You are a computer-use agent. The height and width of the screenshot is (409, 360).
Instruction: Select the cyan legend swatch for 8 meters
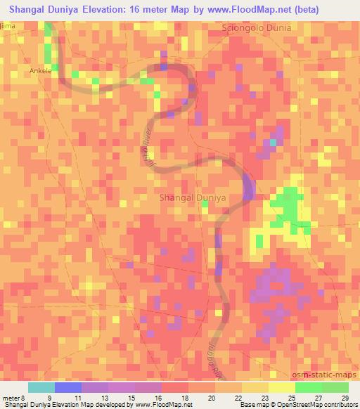pyautogui.click(x=41, y=387)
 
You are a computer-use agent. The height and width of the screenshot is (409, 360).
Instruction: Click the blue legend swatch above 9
pyautogui.click(x=68, y=387)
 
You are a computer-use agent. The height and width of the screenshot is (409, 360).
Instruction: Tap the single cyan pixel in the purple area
pyautogui.click(x=274, y=143)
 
